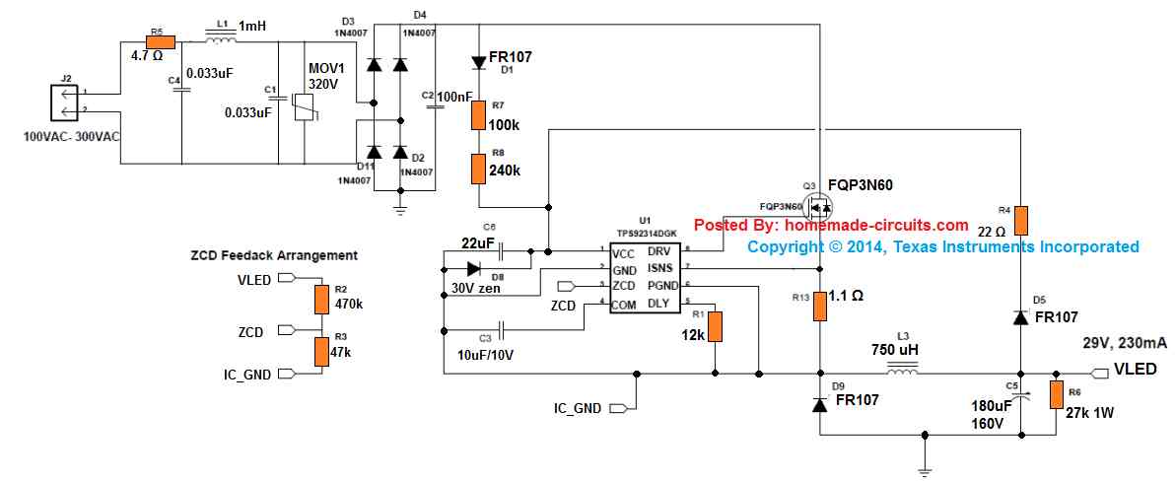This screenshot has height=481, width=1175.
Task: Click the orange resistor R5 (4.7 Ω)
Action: click(x=160, y=41)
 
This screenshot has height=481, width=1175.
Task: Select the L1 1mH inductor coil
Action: click(x=220, y=40)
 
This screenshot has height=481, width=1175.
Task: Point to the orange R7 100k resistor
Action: click(x=478, y=115)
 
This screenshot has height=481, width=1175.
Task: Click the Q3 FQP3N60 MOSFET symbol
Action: click(x=817, y=207)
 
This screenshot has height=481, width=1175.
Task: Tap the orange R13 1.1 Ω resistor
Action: click(x=819, y=307)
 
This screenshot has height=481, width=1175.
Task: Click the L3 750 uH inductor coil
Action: click(x=902, y=372)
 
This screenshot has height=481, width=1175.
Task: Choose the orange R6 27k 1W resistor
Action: click(x=1056, y=395)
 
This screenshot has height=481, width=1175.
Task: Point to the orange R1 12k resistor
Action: click(x=717, y=326)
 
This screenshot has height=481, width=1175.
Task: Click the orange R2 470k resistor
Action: click(x=320, y=299)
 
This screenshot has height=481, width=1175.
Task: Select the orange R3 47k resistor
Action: click(x=320, y=351)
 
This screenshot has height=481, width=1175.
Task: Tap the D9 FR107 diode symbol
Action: click(x=819, y=404)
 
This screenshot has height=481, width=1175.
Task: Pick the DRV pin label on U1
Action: click(x=658, y=251)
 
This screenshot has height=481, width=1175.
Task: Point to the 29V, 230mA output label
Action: click(x=1124, y=342)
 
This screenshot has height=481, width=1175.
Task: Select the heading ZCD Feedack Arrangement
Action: click(x=273, y=255)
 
